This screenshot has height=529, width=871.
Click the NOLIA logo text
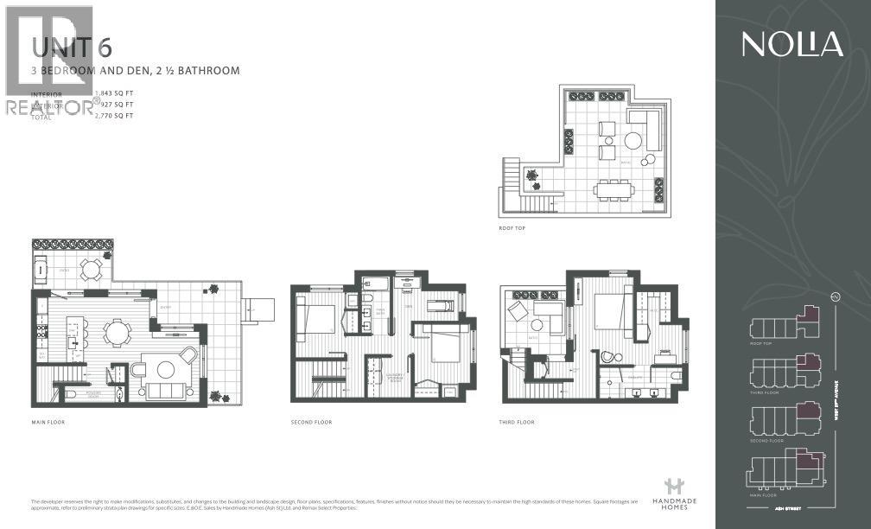(x=792, y=44)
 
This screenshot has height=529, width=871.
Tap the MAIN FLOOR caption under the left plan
(x=48, y=422)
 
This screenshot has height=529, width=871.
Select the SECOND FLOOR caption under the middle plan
(x=311, y=422)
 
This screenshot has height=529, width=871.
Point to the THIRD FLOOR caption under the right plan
(x=518, y=422)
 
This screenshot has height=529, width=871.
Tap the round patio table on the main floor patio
(x=90, y=269)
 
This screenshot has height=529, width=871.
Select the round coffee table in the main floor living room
(x=164, y=369)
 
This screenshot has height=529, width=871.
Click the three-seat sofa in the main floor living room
(x=164, y=391)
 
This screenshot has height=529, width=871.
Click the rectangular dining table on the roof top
(x=614, y=190)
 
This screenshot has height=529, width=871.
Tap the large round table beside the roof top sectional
(x=636, y=141)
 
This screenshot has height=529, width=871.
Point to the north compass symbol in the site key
(x=836, y=297)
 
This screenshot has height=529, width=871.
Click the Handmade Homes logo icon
(x=673, y=487)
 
